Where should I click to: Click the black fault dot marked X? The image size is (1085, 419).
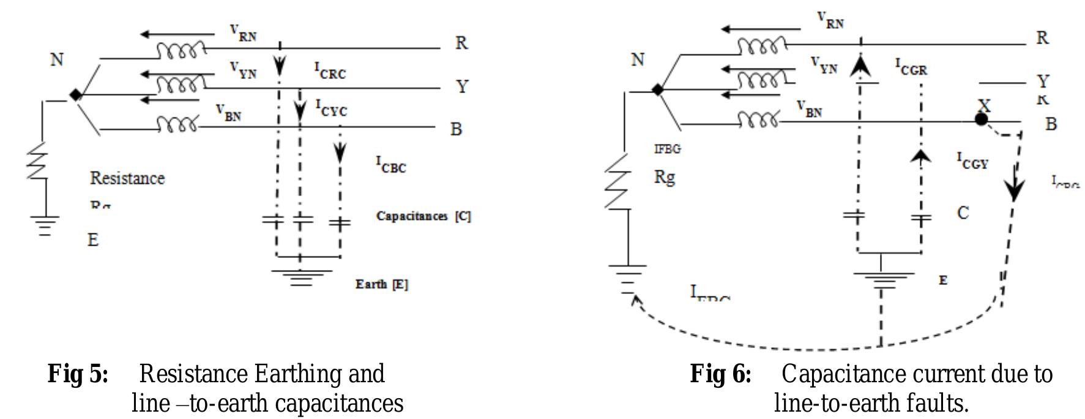click(x=981, y=119)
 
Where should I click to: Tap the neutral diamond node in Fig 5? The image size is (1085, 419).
click(x=75, y=95)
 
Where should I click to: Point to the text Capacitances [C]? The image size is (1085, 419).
click(x=423, y=216)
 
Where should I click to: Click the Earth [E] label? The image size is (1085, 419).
click(x=382, y=284)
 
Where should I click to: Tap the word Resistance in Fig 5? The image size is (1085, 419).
click(x=127, y=178)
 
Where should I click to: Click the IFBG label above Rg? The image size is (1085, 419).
click(x=667, y=149)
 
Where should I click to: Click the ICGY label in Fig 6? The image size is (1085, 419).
click(x=972, y=160)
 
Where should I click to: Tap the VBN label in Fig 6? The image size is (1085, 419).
click(x=809, y=108)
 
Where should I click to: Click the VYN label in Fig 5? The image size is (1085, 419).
click(x=243, y=69)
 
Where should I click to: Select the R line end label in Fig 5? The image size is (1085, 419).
click(x=461, y=43)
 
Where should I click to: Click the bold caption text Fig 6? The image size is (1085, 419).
click(x=720, y=374)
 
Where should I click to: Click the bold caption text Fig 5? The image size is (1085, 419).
click(x=78, y=374)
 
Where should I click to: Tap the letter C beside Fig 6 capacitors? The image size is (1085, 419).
click(x=963, y=213)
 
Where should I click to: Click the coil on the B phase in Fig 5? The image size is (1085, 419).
click(x=177, y=126)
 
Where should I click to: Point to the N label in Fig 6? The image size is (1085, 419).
click(x=638, y=59)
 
